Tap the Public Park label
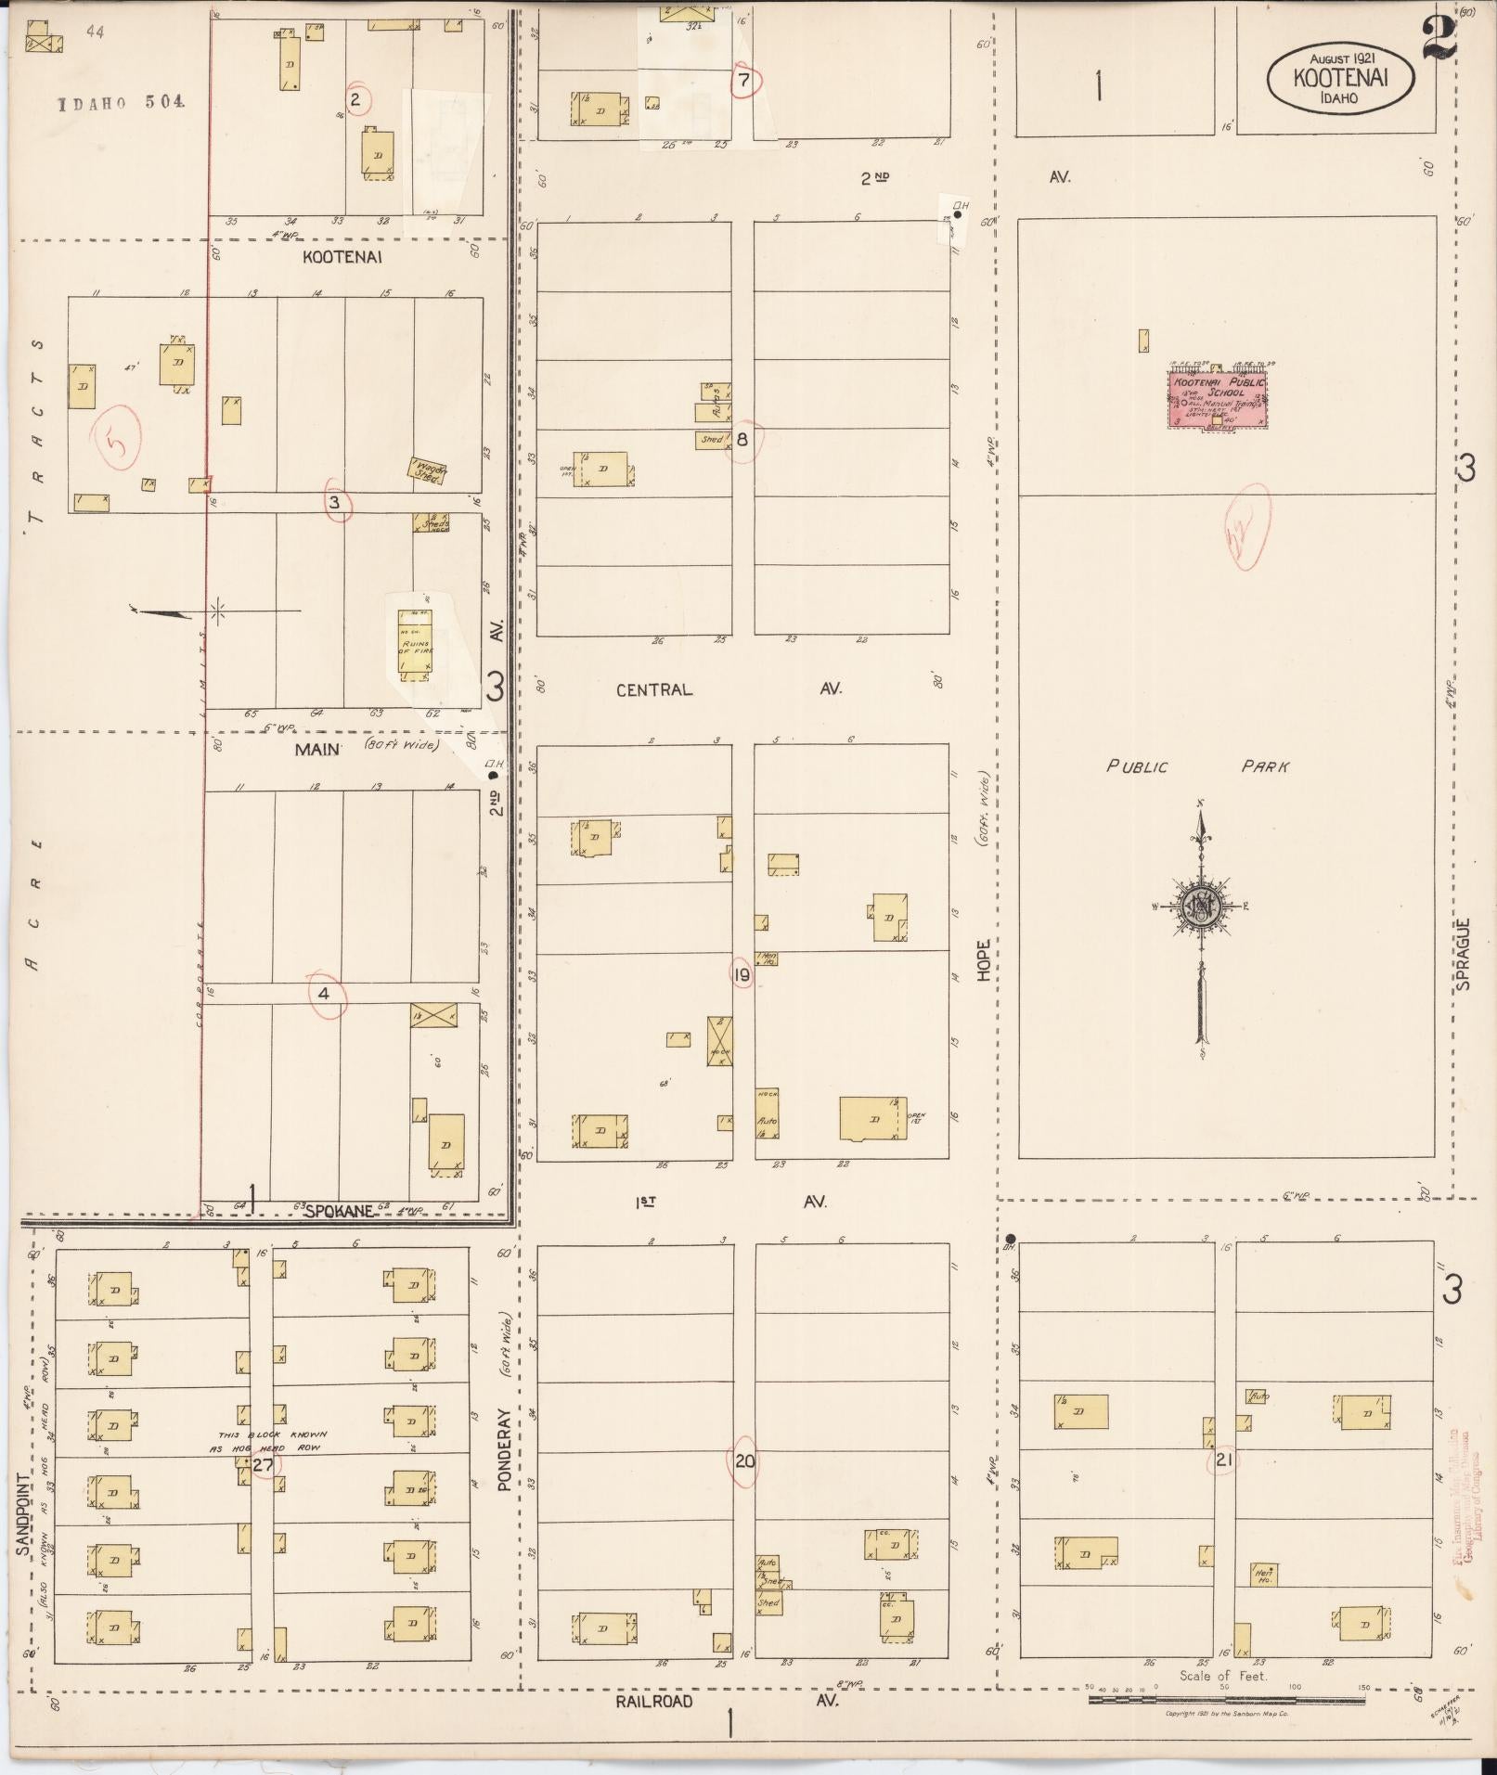[x=1197, y=766]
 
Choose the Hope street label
[x=983, y=959]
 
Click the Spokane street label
[x=340, y=1211]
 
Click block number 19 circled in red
[x=742, y=974]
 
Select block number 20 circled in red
[x=744, y=1461]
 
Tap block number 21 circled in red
[x=1224, y=1460]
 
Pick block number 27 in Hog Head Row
[x=263, y=1465]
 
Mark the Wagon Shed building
[x=429, y=470]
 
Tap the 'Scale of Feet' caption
[x=1222, y=1676]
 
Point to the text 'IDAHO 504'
[x=121, y=102]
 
